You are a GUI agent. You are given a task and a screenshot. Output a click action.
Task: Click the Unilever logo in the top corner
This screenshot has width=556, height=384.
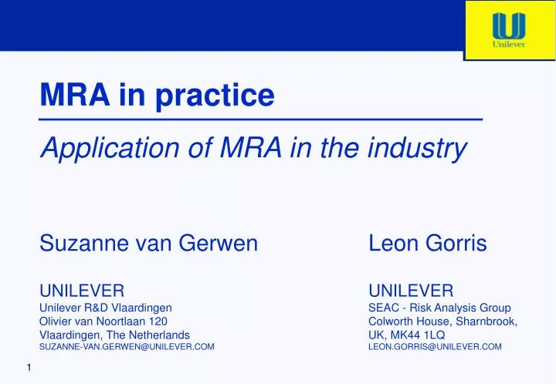tap(509, 30)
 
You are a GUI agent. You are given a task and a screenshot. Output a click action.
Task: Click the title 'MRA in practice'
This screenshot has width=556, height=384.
tap(157, 95)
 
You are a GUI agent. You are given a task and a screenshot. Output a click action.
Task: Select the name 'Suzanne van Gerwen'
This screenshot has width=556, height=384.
tap(148, 244)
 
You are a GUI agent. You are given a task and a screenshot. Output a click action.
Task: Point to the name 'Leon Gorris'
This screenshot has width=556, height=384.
tap(427, 244)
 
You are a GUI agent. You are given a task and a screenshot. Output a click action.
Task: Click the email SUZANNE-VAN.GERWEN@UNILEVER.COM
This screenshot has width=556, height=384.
tap(127, 348)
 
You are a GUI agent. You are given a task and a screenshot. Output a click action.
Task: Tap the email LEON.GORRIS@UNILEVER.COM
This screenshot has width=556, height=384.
tap(435, 348)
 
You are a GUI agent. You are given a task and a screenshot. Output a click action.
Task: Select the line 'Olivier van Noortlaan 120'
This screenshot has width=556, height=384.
tap(103, 321)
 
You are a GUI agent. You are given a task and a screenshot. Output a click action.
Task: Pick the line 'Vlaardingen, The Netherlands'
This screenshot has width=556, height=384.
tap(114, 334)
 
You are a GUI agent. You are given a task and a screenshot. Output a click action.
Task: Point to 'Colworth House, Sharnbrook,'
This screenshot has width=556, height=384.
tap(442, 321)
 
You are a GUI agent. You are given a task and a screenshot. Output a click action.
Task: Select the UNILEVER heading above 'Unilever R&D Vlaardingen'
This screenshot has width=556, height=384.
tap(82, 291)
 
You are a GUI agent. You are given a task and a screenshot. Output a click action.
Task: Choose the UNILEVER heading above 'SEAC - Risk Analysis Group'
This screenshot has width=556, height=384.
tap(411, 291)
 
